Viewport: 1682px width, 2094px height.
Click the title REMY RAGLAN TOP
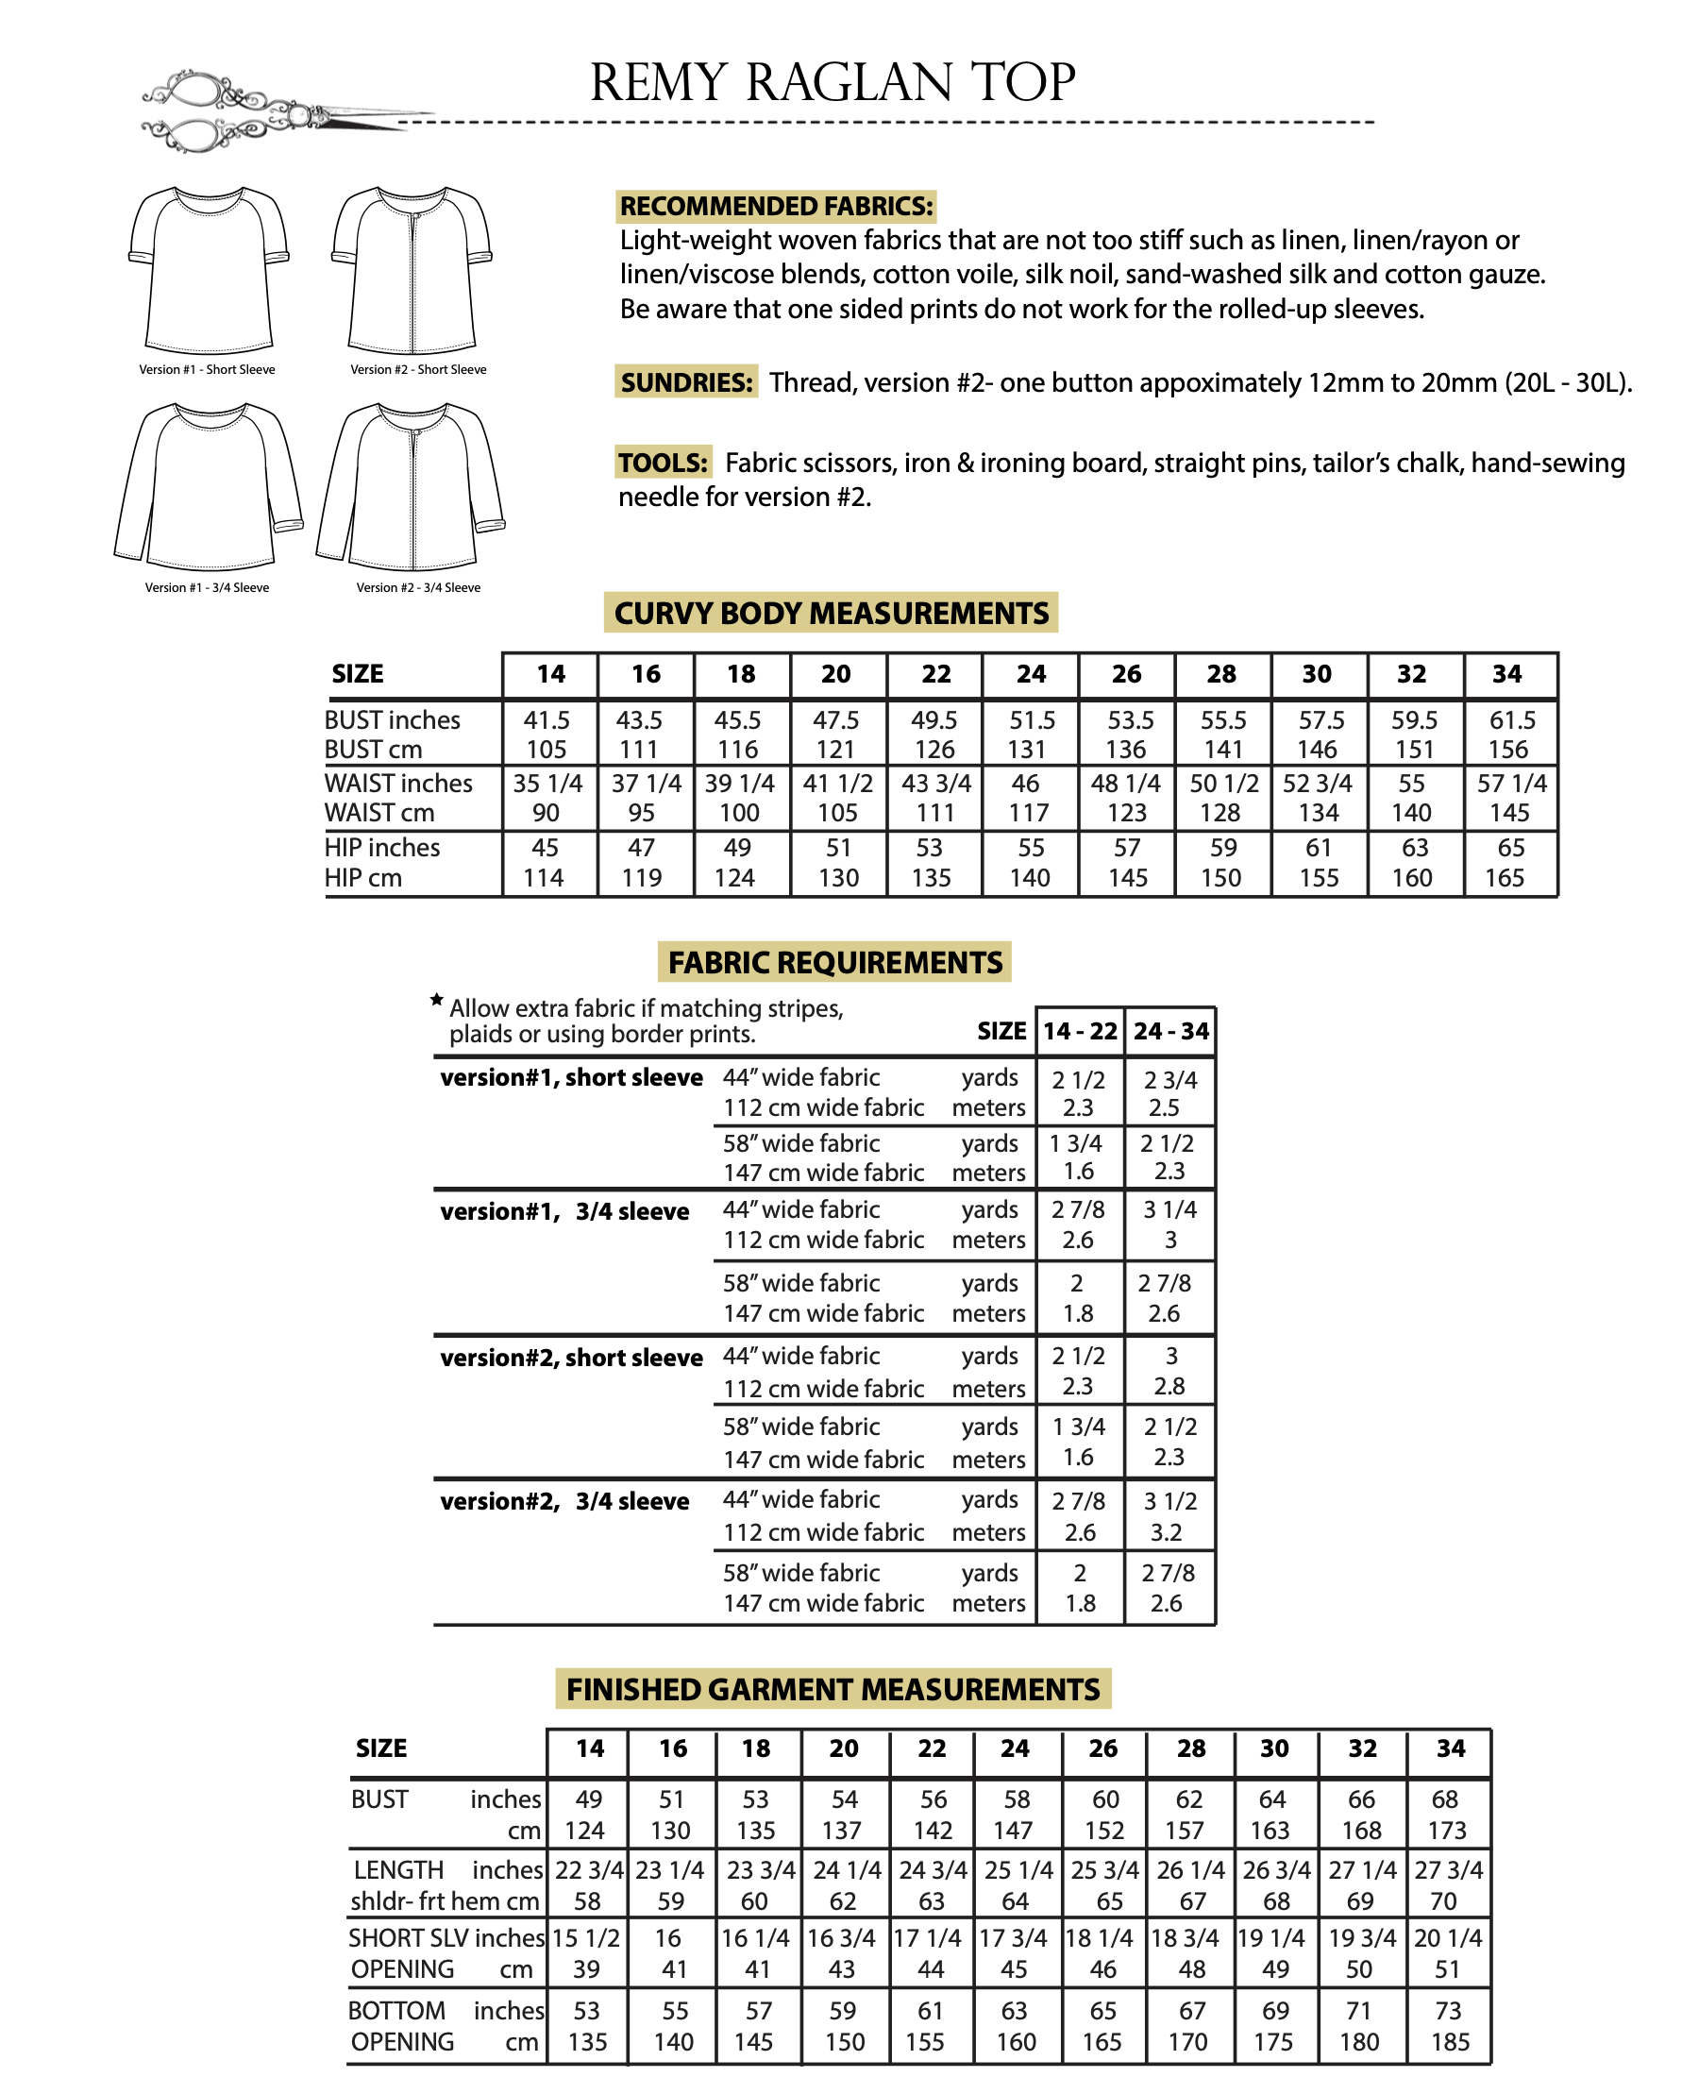tap(833, 82)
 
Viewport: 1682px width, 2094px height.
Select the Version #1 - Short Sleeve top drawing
tap(209, 269)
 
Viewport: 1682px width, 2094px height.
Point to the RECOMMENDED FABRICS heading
tap(776, 206)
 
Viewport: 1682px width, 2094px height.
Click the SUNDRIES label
tap(686, 382)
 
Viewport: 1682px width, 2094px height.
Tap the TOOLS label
tap(664, 463)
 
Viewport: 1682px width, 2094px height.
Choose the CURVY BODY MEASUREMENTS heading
tap(832, 614)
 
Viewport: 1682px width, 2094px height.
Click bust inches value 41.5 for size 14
tap(547, 720)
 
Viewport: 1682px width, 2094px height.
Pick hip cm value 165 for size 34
tap(1505, 878)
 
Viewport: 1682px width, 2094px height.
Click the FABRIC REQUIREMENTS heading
tap(835, 962)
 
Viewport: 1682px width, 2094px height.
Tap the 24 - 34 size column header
tap(1170, 1032)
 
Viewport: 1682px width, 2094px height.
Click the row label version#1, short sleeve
tap(571, 1078)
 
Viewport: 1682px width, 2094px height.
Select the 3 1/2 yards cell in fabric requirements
tap(1170, 1501)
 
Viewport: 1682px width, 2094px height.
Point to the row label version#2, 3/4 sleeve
tap(564, 1501)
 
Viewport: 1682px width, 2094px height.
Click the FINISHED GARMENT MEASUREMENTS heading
tap(833, 1690)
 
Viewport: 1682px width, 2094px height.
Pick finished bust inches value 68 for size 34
tap(1445, 1799)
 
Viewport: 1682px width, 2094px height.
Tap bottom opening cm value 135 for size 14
tap(587, 2042)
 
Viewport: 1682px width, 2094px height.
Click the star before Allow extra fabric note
tap(437, 1000)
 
